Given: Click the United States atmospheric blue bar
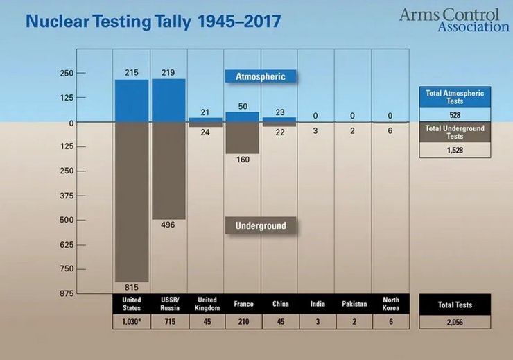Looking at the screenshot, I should (x=132, y=101).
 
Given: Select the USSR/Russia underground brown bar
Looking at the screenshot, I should (x=168, y=171).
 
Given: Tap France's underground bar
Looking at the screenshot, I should (x=243, y=138).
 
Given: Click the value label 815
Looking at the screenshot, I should (x=132, y=287).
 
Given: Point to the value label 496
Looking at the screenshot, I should (x=168, y=225).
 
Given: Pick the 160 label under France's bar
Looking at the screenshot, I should (x=243, y=160).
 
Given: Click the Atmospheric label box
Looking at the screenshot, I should (x=260, y=76).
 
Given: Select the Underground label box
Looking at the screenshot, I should (x=260, y=225).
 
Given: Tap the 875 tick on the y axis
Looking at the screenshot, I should (x=85, y=293).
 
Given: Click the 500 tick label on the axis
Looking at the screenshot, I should (x=85, y=220).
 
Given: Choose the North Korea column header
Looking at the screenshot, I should (x=390, y=304).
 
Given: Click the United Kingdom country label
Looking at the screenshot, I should (x=205, y=304).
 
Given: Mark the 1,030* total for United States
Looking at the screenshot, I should (x=132, y=321).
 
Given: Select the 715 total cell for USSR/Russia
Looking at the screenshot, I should (x=168, y=321).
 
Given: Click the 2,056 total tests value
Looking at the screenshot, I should (x=455, y=321).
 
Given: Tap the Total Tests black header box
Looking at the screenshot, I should (x=455, y=304).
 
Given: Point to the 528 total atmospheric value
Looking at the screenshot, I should (x=455, y=114).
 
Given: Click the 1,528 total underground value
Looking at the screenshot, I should (x=455, y=149).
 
